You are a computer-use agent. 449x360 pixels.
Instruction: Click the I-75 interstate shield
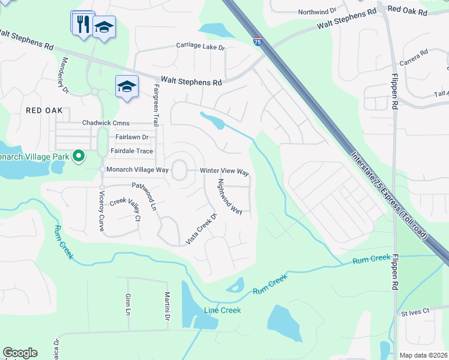point(258,41)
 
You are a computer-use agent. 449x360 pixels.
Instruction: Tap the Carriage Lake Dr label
point(200,46)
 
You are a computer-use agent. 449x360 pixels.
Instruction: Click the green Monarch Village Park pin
point(78,157)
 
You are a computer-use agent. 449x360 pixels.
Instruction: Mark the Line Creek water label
point(222,310)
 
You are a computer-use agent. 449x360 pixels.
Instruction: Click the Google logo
point(20,353)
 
